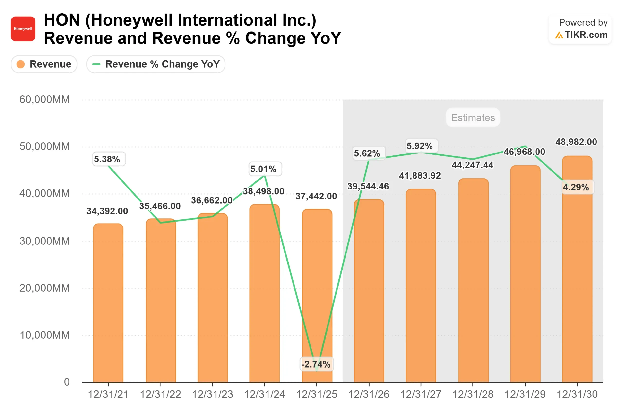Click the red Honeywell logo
coord(23,29)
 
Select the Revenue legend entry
coord(44,64)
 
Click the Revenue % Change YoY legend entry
coord(156,64)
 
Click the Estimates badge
coord(473,117)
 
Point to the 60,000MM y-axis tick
coord(44,99)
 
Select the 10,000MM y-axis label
coord(44,335)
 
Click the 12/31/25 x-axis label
coord(316,394)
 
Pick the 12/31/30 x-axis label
coord(577,394)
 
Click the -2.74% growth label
coord(316,364)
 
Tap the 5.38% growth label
coord(107,159)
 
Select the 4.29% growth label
coord(576,187)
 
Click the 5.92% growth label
coord(420,146)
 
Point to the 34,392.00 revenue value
coord(107,211)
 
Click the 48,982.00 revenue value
coord(576,142)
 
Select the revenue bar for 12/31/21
coord(108,304)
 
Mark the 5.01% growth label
coord(263,169)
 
